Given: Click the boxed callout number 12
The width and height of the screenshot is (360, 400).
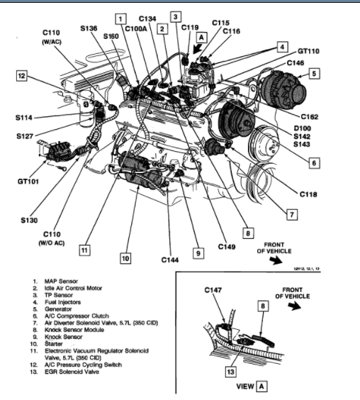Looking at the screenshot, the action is [22, 76].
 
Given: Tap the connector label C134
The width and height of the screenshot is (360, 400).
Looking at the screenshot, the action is [147, 18].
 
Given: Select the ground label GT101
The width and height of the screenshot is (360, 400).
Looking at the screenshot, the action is [28, 182].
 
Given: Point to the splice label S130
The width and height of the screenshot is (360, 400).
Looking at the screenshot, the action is [29, 220].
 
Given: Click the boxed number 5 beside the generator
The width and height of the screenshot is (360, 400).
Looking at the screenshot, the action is [314, 74].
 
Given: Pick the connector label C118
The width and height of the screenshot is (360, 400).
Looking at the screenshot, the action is [308, 194].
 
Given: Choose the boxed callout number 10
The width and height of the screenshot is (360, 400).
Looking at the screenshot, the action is [125, 258].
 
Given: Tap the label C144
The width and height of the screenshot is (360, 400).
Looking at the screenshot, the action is [170, 260].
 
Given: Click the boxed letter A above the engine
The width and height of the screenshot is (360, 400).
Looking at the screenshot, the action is [201, 38].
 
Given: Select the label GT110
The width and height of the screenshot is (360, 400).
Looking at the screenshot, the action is [308, 51].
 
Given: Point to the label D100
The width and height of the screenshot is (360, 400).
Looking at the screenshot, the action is [303, 128].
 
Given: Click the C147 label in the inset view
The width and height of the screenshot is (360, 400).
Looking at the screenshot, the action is [213, 290].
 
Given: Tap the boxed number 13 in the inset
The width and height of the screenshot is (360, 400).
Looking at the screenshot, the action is [230, 372].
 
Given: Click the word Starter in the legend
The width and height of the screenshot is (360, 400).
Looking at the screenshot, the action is [54, 344].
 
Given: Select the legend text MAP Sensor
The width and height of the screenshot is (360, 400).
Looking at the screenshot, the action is [61, 281].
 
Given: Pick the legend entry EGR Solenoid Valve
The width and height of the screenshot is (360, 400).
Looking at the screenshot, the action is [72, 372].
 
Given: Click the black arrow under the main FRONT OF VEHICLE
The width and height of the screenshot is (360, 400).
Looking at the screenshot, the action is [276, 260].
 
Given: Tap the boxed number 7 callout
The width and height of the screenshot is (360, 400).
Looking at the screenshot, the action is [292, 215].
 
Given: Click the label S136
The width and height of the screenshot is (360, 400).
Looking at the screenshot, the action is [89, 28].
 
